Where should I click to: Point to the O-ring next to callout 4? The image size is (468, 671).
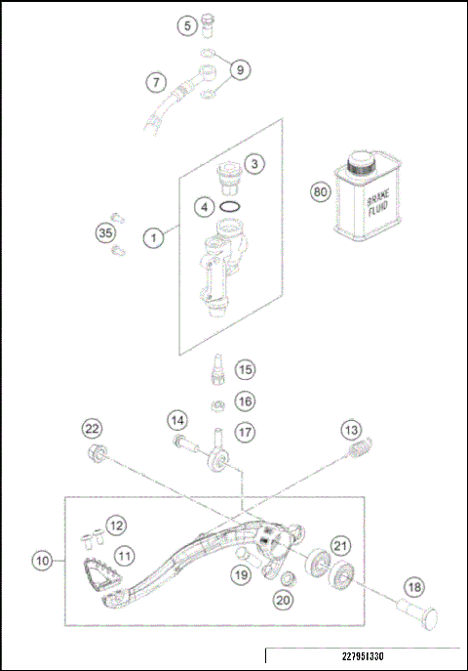tap(231, 207)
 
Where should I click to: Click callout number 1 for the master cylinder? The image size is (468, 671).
tap(152, 237)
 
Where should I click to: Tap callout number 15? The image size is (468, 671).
tap(244, 369)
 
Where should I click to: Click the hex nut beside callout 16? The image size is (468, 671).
tap(218, 401)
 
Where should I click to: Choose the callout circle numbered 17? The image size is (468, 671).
tap(244, 431)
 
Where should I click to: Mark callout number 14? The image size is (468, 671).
tap(176, 420)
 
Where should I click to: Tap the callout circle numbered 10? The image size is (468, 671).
tap(42, 562)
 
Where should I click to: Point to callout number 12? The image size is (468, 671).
tap(116, 526)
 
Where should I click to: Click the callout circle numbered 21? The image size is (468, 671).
tap(339, 545)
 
